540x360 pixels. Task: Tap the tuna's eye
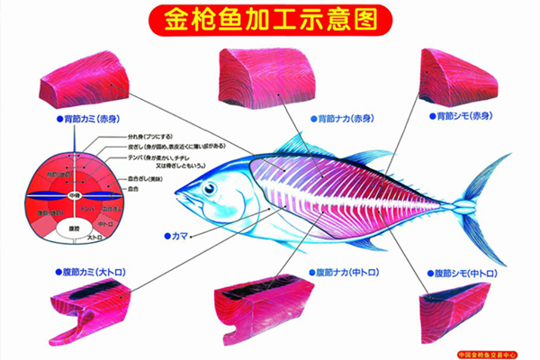(210, 188)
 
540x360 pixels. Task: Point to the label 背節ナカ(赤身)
(344, 118)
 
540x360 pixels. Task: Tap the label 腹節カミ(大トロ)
(91, 270)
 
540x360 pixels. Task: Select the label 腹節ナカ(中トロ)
(346, 271)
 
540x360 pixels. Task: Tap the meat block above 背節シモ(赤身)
(458, 76)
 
